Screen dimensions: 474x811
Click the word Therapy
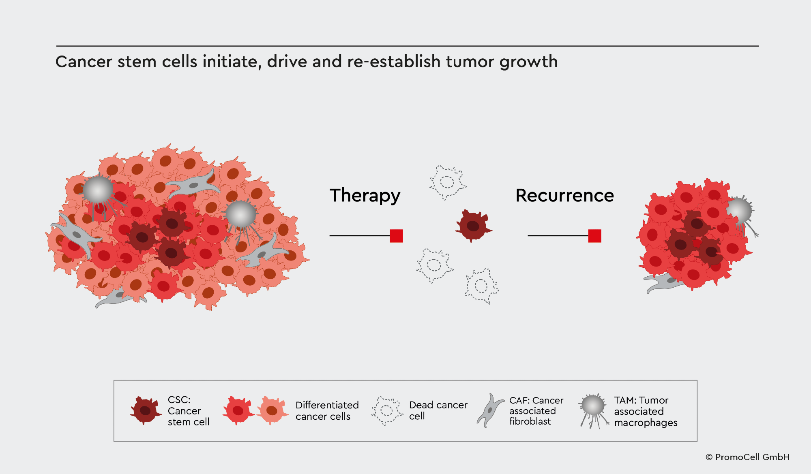click(365, 196)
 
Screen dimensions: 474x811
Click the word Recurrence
click(564, 196)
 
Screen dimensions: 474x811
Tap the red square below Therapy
click(396, 236)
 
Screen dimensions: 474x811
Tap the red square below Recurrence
click(594, 236)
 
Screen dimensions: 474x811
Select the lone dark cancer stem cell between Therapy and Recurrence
click(473, 226)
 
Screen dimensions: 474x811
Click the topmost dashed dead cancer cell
click(447, 182)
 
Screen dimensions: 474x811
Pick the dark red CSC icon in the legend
click(145, 410)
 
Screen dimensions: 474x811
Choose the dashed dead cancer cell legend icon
click(386, 411)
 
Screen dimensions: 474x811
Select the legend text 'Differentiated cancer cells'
click(327, 411)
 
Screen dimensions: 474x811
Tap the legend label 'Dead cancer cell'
click(438, 410)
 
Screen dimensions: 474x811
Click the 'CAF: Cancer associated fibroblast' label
click(536, 411)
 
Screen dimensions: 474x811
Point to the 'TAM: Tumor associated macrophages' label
click(645, 411)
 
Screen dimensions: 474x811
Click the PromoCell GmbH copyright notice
click(747, 457)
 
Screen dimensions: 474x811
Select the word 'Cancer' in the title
click(84, 62)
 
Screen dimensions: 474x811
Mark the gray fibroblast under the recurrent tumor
click(663, 282)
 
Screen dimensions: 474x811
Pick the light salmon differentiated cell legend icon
click(272, 410)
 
